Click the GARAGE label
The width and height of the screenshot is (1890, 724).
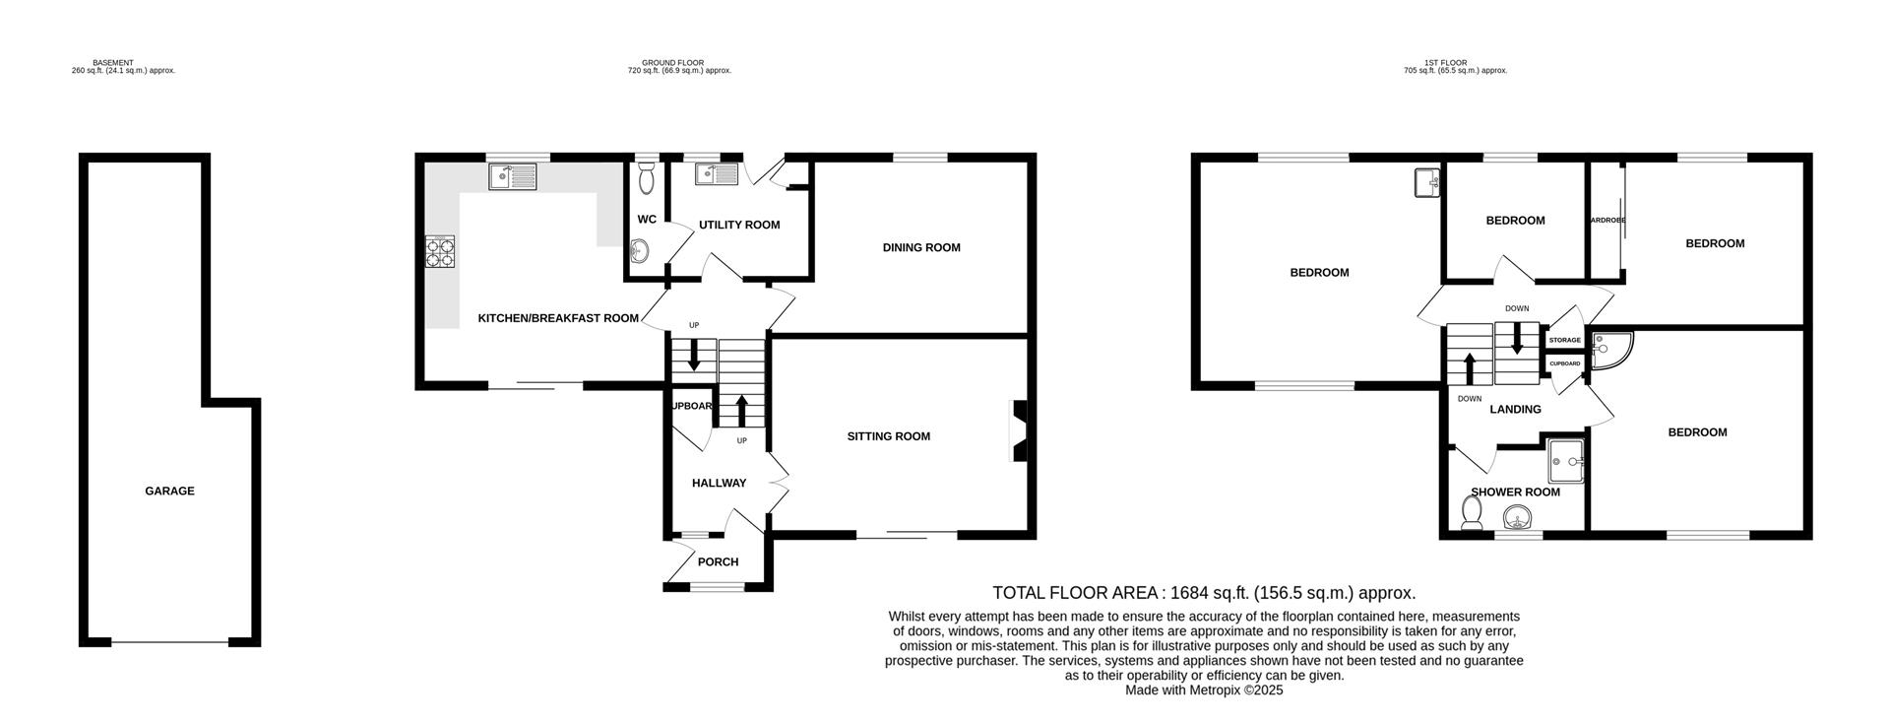(169, 491)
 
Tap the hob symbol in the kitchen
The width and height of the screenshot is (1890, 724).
(440, 253)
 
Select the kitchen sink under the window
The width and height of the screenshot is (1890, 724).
(512, 176)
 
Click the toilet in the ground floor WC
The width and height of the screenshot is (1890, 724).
(646, 178)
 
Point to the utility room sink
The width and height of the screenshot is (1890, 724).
(717, 174)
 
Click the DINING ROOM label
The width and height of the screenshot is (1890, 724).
(920, 247)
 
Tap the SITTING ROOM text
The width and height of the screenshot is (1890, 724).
(888, 436)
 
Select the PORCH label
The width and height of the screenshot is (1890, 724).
(718, 562)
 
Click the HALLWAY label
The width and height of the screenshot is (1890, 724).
(719, 483)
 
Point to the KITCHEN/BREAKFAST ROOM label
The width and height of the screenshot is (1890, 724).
(558, 318)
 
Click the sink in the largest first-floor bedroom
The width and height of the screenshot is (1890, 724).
(1426, 182)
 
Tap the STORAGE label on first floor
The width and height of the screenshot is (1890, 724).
(1564, 340)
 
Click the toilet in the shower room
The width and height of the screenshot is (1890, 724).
(1473, 512)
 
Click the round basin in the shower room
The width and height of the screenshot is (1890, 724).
(1519, 517)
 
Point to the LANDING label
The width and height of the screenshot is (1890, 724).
(1515, 409)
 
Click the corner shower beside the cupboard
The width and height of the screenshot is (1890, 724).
(1607, 348)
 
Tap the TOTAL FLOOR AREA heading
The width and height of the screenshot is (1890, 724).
(1203, 593)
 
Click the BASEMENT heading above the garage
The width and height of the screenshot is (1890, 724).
(113, 63)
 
